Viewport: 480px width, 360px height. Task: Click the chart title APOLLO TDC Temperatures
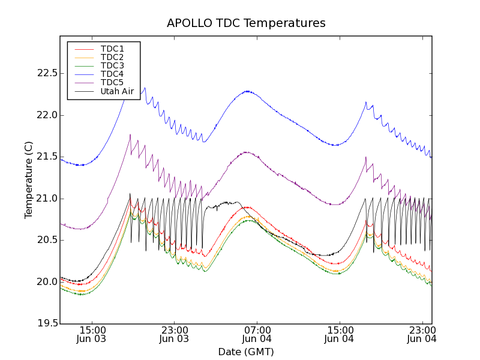246,23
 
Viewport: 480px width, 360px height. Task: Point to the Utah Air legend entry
117,91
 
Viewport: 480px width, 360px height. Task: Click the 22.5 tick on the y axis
47,73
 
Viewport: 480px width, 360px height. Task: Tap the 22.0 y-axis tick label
47,115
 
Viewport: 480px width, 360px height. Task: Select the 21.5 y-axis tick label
47,157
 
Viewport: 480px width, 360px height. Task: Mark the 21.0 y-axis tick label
47,199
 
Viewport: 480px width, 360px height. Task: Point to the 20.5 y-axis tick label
47,240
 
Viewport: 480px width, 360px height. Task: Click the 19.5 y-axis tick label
47,324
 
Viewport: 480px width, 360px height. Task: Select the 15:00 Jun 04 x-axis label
340,334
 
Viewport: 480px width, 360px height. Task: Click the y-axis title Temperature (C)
29,180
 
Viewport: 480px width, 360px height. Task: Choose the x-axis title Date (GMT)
246,352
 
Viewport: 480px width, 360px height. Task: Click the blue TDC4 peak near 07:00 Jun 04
247,91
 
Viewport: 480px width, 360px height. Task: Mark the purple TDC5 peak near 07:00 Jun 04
246,152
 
